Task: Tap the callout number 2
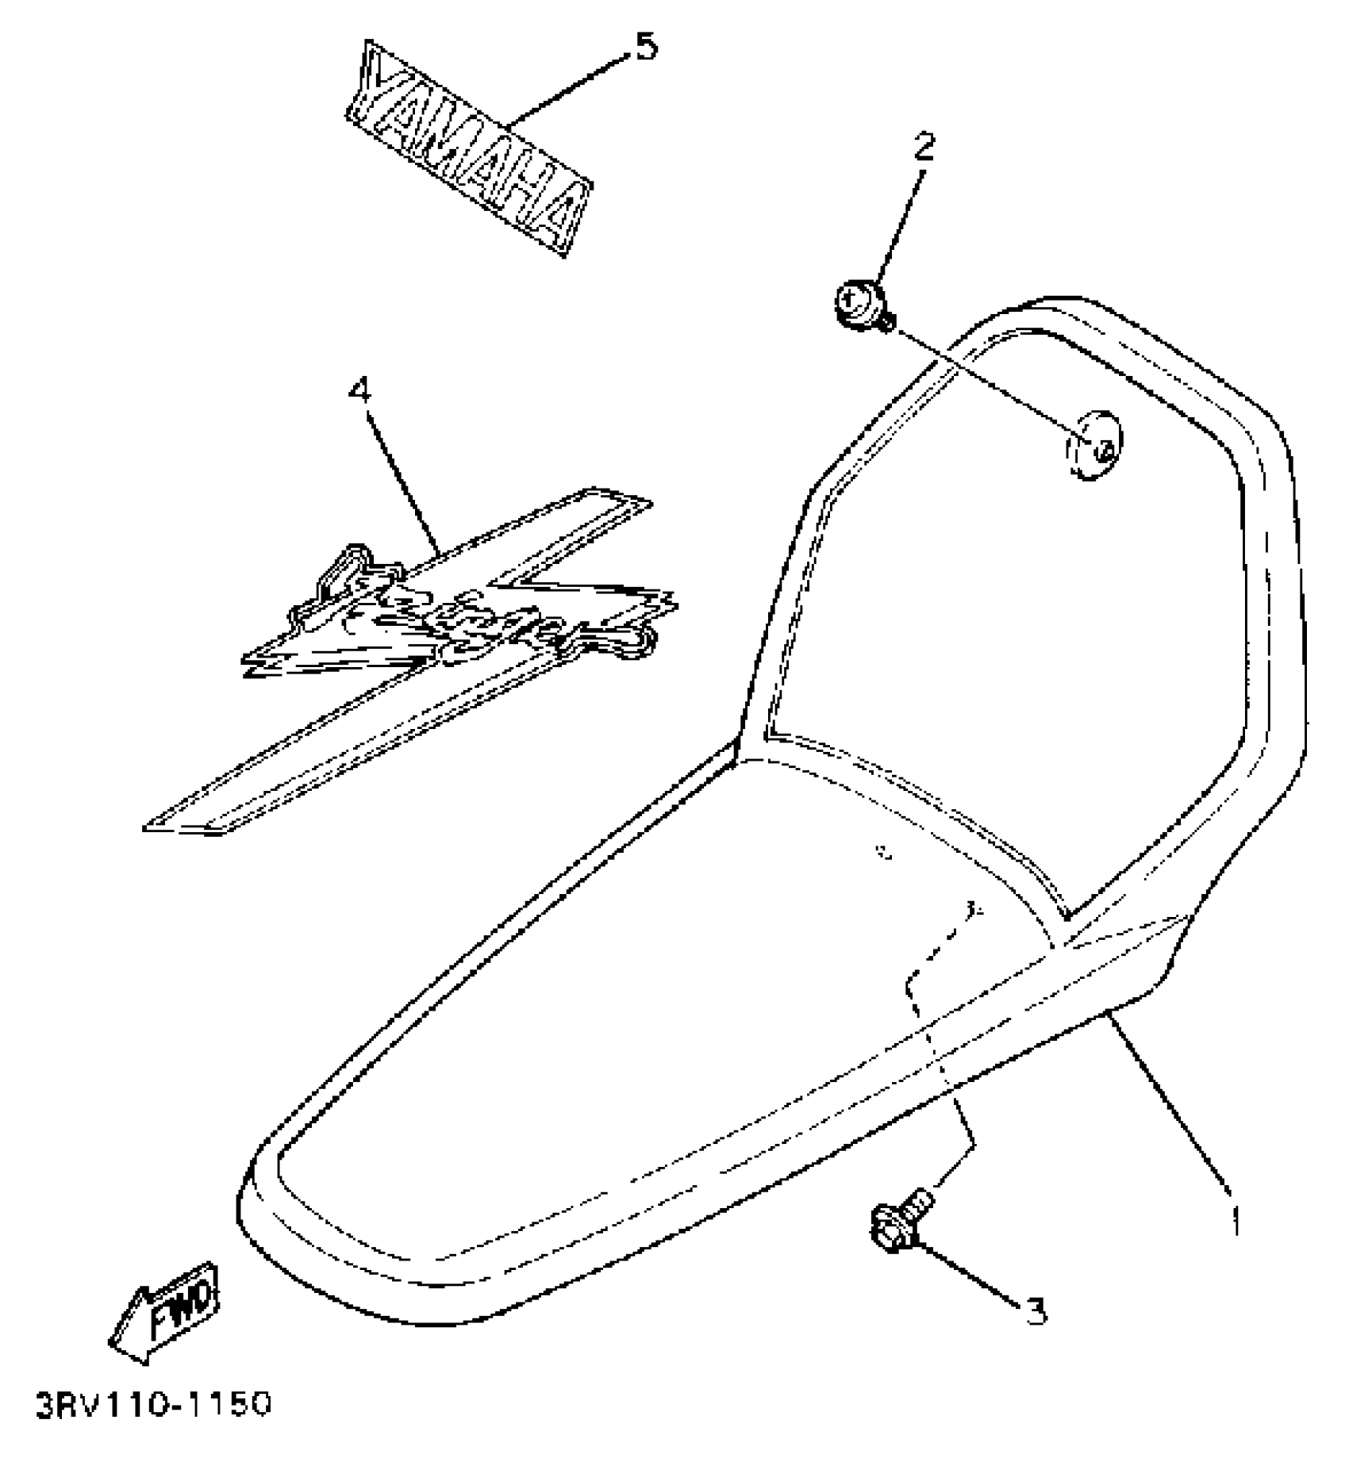924,146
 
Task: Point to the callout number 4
360,389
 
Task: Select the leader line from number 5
567,87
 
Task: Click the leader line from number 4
401,476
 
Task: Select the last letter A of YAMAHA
565,218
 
